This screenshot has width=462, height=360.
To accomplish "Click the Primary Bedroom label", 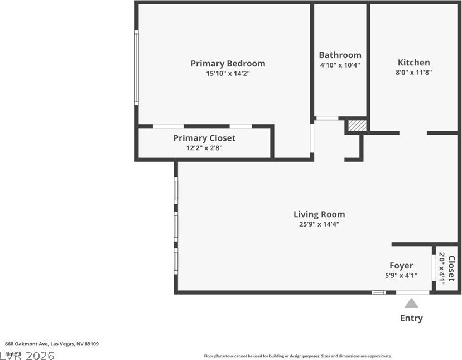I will tap(228, 63).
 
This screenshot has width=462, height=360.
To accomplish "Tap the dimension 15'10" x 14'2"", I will tap(228, 73).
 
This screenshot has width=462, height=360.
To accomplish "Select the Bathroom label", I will tap(340, 55).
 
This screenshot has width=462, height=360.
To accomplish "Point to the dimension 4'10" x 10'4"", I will tap(340, 65).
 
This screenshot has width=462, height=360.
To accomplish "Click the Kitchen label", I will tap(413, 63).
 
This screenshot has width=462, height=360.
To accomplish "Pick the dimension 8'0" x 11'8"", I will tap(413, 72).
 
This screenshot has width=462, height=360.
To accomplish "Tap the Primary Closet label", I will tap(204, 138).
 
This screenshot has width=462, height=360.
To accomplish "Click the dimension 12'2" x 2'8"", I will tap(204, 148).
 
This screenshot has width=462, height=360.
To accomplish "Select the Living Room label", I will tap(319, 214).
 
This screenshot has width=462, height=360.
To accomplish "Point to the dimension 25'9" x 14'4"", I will tap(319, 224).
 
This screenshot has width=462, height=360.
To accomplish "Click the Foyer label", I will tap(401, 266).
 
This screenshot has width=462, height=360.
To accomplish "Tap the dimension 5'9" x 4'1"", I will tap(401, 275).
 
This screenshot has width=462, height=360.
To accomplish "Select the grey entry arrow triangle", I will tap(411, 303).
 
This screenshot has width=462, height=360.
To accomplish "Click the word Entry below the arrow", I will tap(411, 318).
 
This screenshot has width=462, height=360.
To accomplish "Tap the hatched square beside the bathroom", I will tap(357, 125).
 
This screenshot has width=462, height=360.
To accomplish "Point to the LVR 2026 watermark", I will tap(28, 355).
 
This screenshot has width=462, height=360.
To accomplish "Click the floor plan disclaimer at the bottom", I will tap(297, 356).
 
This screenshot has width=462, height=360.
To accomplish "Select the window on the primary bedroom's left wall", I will tap(137, 67).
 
